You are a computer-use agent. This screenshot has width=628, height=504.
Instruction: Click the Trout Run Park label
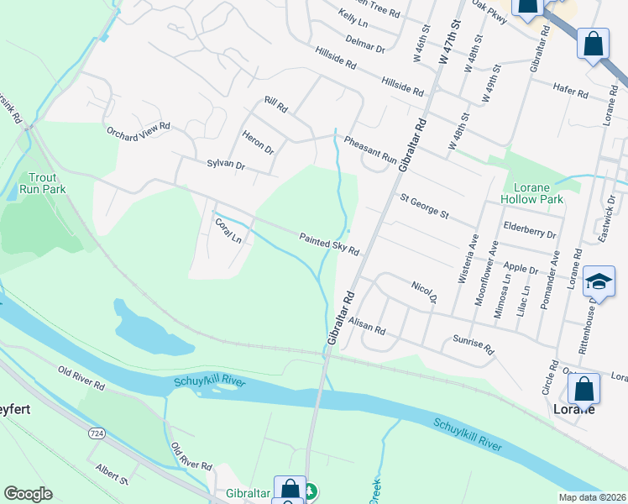point(43,183)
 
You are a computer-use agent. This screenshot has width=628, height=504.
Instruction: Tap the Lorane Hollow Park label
point(543,193)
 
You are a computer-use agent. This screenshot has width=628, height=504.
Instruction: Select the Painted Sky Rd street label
point(330,244)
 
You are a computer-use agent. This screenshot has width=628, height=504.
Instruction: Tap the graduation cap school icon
point(599,282)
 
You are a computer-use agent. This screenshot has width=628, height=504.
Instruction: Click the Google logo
point(28,494)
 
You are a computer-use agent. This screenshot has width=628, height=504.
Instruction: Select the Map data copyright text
point(593,497)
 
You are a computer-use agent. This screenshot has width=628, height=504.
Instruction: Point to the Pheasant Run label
point(369,150)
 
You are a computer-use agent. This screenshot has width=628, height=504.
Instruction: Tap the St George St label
point(425,205)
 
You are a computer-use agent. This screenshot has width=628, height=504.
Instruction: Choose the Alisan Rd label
point(366,326)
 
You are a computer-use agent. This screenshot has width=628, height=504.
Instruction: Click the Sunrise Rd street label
point(474,343)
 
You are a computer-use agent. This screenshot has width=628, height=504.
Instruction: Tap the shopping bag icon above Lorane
point(584,390)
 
